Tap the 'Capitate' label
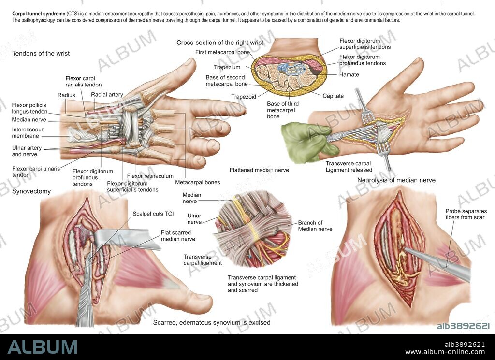(333, 96)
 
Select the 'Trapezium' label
(227, 68)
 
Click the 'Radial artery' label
(107, 95)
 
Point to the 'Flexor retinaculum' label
(150, 176)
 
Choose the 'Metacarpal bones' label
(197, 182)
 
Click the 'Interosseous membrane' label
(28, 133)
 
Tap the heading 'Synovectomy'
(31, 191)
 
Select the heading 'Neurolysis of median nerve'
(396, 180)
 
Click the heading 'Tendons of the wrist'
(41, 53)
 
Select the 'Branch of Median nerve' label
(315, 226)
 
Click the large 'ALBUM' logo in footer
(43, 347)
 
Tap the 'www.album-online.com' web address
(445, 352)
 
